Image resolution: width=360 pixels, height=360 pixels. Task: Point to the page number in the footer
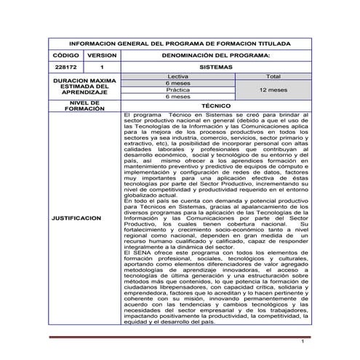click(301, 340)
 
